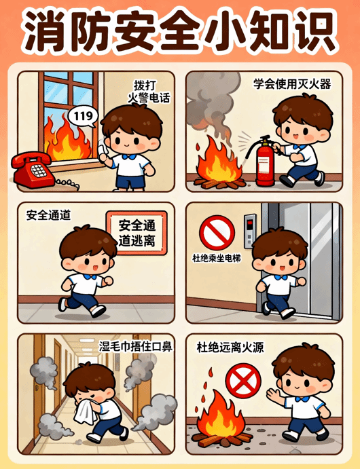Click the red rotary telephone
point(33,170)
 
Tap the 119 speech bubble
point(83,117)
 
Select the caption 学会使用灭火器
point(292,84)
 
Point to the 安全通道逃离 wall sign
point(137,233)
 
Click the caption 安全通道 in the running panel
point(48,214)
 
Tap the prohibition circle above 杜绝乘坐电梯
point(217,232)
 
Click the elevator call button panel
point(250,231)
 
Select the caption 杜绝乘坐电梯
point(217,258)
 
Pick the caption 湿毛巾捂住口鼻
point(136,347)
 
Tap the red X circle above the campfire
point(243,381)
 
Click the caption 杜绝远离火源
point(230,348)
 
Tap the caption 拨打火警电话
point(149,92)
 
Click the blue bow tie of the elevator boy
point(281,278)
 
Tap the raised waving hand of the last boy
point(274,395)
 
